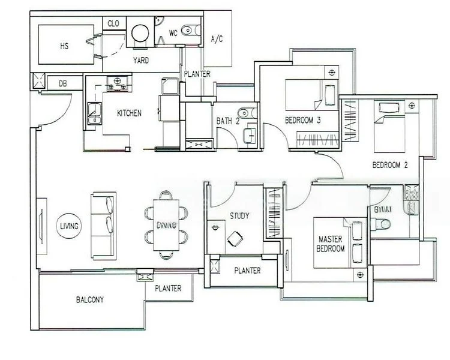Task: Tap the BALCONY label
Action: (x=91, y=299)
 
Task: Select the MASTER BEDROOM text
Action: (x=331, y=244)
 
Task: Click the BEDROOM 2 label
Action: (x=390, y=165)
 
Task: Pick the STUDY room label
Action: (x=239, y=216)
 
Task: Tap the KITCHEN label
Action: (x=129, y=113)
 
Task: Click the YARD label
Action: (x=141, y=61)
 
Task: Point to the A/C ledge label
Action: (x=217, y=40)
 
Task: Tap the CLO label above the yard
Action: (x=113, y=23)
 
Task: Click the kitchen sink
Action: (x=94, y=112)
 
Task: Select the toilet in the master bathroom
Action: (x=382, y=224)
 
